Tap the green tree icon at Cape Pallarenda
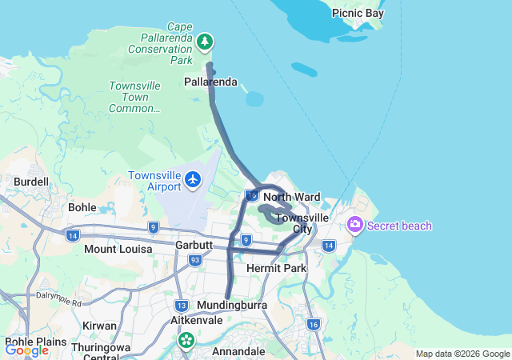(206, 41)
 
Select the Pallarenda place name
(210, 82)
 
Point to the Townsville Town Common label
(134, 97)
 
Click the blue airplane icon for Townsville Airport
(193, 179)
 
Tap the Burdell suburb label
(31, 182)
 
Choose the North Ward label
(291, 197)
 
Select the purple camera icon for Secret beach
(355, 225)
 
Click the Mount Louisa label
(118, 249)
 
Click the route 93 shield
(194, 260)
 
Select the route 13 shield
(182, 306)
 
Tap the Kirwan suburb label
(99, 326)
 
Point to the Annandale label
(238, 351)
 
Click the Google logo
(26, 350)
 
